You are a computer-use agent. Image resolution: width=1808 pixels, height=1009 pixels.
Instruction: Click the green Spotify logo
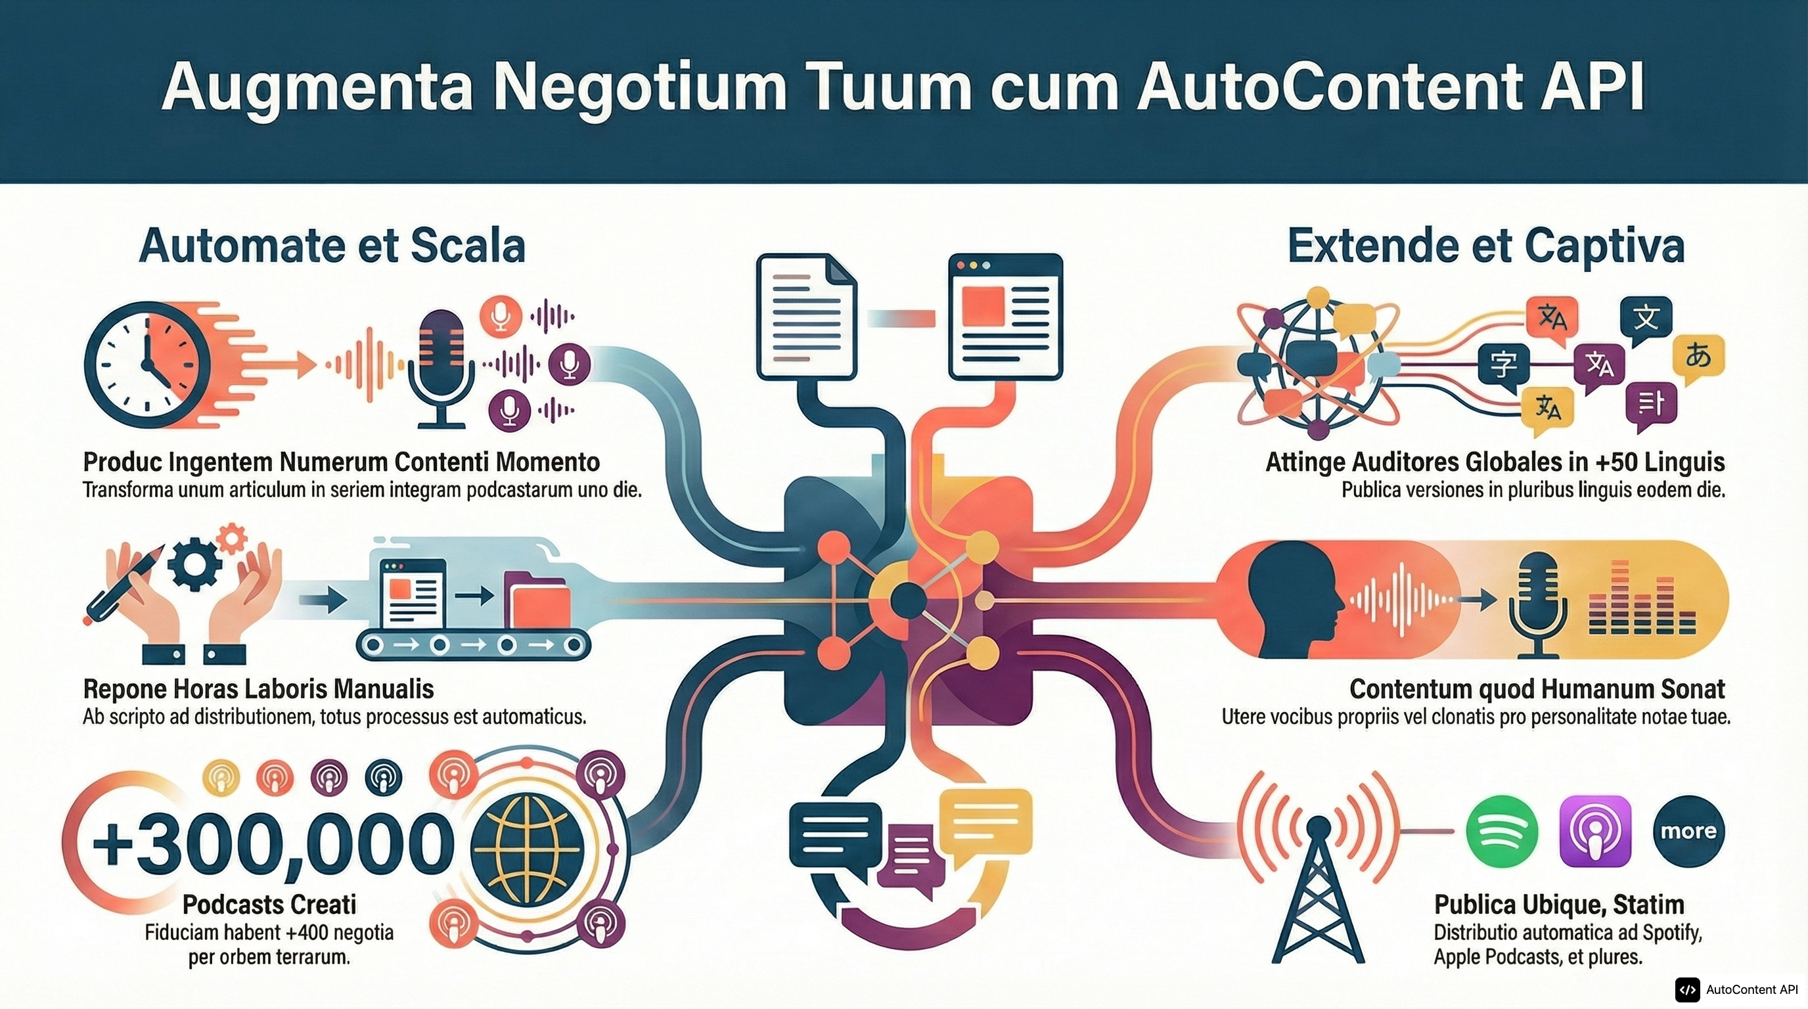pos(1501,832)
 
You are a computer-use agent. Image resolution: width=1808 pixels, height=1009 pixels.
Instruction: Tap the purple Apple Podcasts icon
pos(1594,832)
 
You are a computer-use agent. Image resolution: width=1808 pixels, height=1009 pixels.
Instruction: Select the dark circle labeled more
pos(1688,832)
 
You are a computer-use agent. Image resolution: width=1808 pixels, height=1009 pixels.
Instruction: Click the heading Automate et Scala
pos(332,246)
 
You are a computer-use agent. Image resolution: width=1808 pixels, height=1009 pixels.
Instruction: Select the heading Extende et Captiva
pos(1486,246)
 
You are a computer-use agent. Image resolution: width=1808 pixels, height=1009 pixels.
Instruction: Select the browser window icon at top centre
pos(1005,316)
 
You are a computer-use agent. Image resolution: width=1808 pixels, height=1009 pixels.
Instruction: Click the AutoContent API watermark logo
pos(1687,990)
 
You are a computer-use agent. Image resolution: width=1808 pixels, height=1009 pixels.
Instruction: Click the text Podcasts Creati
pos(269,905)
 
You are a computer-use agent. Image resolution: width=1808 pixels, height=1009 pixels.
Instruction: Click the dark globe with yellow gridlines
pos(526,849)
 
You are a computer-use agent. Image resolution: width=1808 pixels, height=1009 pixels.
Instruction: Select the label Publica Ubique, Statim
pos(1559,905)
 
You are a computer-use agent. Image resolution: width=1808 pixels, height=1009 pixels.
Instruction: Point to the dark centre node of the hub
pos(908,600)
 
